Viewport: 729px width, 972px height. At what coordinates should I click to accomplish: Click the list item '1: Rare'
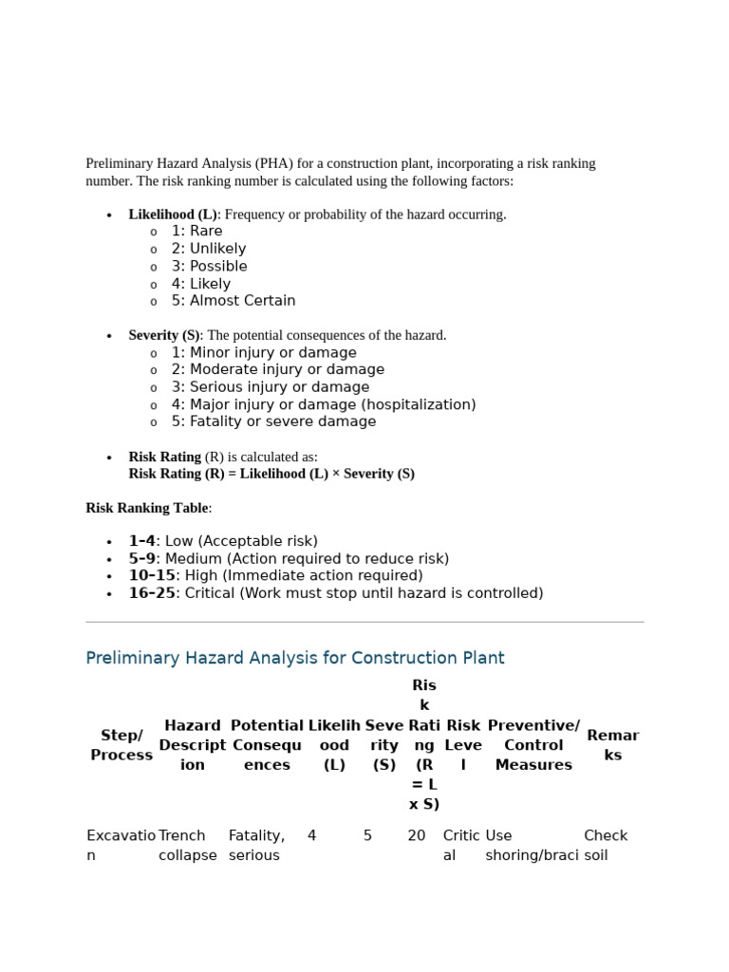tap(196, 232)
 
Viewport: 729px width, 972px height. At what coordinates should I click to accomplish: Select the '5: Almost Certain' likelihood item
tap(233, 301)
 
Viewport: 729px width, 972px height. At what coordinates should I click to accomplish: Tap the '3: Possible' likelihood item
tap(209, 267)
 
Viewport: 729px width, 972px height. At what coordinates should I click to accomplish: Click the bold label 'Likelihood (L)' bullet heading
tap(173, 215)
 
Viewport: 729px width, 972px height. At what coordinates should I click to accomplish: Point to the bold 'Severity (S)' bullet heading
tap(164, 335)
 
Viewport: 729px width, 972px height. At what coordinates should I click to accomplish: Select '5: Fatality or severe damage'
tap(273, 422)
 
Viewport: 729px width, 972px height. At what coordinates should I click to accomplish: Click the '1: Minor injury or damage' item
tap(264, 353)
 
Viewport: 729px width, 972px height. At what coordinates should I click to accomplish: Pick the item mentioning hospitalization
tap(323, 405)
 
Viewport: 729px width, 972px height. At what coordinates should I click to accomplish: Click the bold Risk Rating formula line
tap(271, 474)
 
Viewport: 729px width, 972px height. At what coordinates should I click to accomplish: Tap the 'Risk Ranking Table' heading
tap(147, 508)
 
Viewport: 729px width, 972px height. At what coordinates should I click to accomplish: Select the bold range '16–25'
tap(152, 593)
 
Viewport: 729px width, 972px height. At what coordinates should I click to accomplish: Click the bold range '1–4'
tap(141, 541)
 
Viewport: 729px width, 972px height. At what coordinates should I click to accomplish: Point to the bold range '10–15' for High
tap(152, 576)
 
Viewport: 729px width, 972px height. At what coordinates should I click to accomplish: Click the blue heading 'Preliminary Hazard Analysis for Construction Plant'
tap(295, 658)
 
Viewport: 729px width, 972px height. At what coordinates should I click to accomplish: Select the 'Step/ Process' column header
tap(121, 745)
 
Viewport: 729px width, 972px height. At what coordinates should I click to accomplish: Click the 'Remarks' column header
tap(612, 745)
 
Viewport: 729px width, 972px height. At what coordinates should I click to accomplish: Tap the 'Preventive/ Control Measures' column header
tap(533, 745)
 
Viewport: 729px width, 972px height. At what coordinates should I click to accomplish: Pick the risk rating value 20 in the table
tap(417, 836)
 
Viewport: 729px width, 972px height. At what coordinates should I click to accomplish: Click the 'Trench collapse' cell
tap(187, 846)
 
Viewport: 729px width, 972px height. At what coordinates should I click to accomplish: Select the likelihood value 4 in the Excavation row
tap(311, 836)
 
